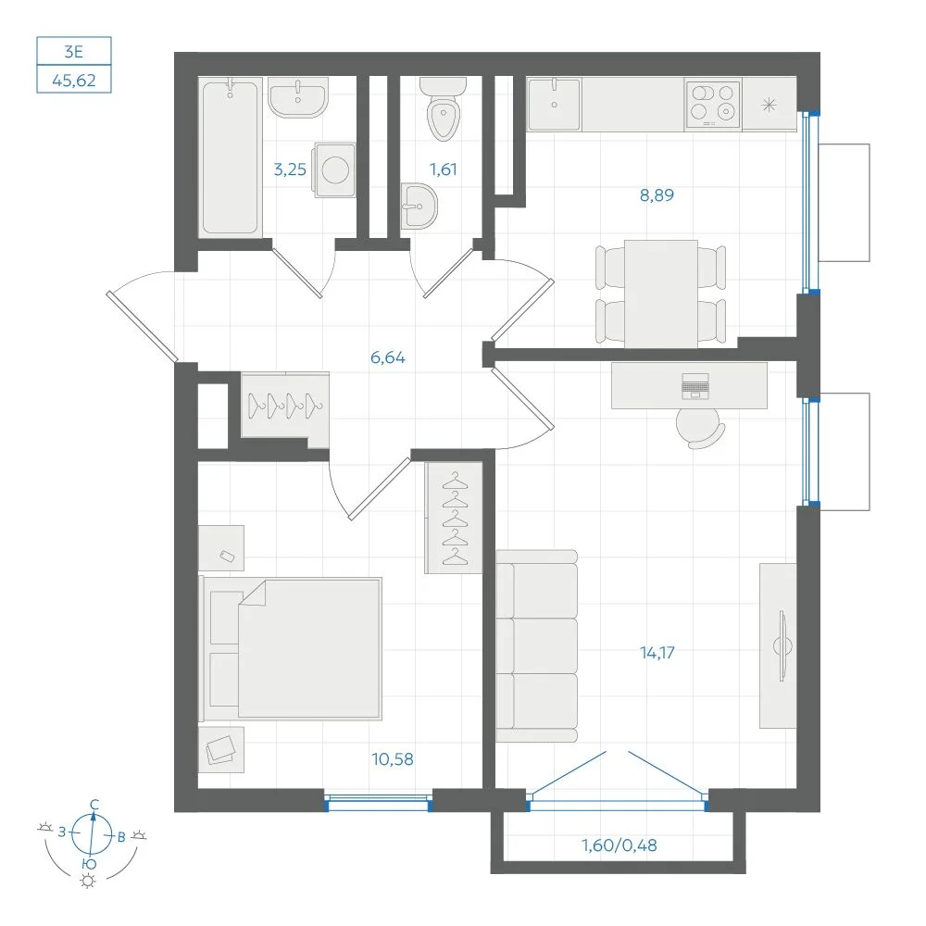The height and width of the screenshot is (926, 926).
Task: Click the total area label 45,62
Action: pos(74,80)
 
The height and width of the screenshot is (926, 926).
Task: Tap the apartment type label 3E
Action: pos(74,52)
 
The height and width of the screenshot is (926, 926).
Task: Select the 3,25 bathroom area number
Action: pos(290,169)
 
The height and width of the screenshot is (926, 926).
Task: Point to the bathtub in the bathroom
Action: pos(231,157)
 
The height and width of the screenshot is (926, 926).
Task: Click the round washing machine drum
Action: pos(335,170)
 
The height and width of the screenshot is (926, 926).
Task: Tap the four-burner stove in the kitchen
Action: pos(712,104)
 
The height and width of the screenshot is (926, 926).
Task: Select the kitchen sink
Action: pos(554,104)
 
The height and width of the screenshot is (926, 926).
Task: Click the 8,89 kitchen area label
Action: pos(657,194)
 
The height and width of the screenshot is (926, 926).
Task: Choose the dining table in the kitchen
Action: pos(661,294)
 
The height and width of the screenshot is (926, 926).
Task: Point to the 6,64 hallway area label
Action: pos(387,357)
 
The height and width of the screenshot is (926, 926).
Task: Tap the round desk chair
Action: pos(699,428)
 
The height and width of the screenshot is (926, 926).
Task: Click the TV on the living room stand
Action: pos(782,646)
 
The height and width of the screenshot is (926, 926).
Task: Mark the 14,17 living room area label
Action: pos(657,653)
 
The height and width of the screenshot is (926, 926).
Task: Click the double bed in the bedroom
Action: pos(291,648)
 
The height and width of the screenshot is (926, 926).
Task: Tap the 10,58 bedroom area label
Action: pos(392,759)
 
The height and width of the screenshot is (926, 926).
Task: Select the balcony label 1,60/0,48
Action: pos(619,845)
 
